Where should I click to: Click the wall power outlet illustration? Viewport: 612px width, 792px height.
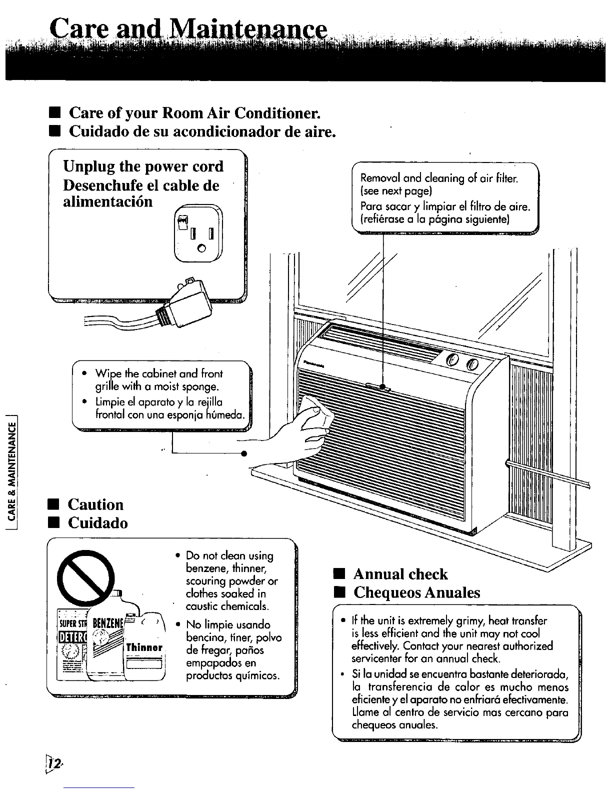198,233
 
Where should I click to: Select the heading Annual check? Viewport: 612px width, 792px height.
400,573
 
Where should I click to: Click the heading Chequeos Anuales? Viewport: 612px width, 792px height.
416,592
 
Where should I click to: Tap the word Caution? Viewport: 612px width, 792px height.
95,504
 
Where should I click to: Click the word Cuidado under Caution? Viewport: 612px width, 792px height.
97,523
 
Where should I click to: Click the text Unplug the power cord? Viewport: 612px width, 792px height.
143,166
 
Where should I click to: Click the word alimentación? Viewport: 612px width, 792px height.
107,201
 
